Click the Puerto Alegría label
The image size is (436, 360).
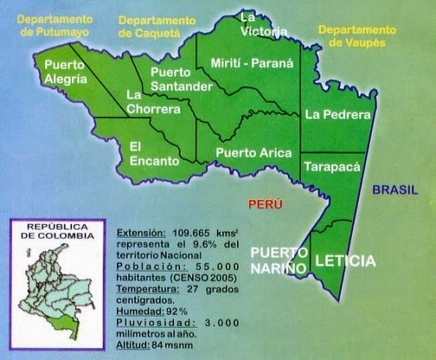[x=67, y=71]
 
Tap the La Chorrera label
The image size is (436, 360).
[x=152, y=102]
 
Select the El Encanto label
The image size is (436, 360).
[x=154, y=153]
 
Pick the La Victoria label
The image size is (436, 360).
[x=263, y=24]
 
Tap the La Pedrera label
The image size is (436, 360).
[x=338, y=115]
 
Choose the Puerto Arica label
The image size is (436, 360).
[x=253, y=152]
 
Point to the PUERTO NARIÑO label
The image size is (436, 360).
[x=279, y=259]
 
